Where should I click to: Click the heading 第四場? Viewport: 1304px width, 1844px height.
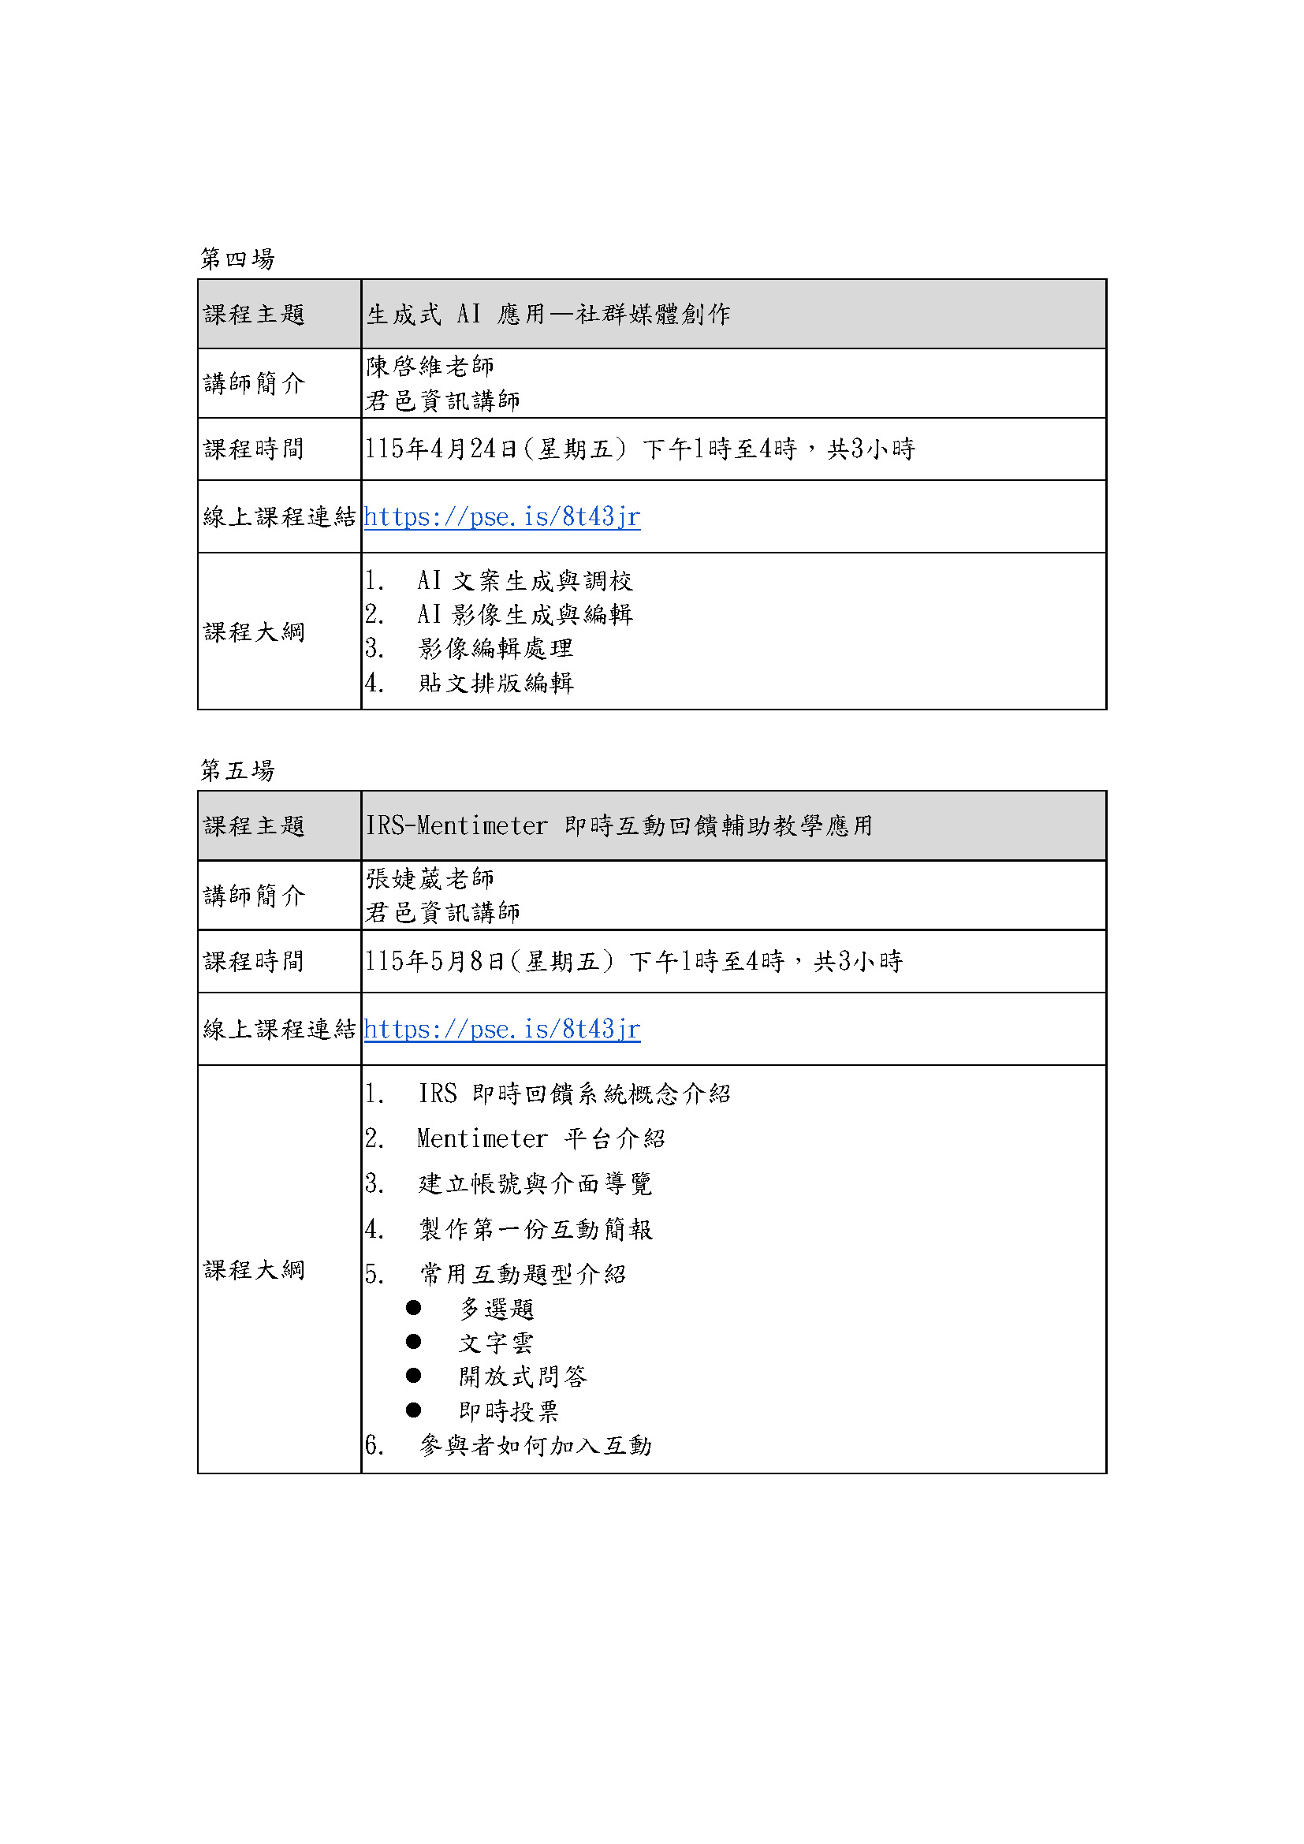(x=237, y=259)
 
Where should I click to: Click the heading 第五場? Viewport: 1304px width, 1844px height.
(x=237, y=770)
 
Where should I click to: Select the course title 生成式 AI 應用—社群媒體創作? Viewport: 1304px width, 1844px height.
(x=549, y=314)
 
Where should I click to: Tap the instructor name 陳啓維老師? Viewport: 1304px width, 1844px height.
(x=430, y=367)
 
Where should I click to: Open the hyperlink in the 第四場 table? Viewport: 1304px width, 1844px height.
(x=502, y=516)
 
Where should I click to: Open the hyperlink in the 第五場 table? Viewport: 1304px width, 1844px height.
(x=502, y=1029)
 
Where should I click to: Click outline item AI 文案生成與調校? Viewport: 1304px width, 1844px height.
(x=524, y=580)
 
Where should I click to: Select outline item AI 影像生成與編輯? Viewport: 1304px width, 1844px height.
(x=524, y=614)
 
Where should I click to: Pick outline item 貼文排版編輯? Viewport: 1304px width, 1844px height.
(x=495, y=683)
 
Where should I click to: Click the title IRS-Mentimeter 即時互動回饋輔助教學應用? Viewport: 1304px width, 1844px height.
(x=619, y=825)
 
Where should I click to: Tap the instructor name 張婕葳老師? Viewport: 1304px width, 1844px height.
(x=430, y=878)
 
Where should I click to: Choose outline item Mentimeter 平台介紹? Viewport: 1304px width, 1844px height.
(x=540, y=1138)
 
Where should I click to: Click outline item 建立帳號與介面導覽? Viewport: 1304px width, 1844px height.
(x=535, y=1183)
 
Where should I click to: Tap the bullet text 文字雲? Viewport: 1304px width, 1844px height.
(x=495, y=1343)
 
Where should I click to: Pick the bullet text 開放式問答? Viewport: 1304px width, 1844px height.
(x=523, y=1376)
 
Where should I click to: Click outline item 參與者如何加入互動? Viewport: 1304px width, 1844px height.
(x=535, y=1446)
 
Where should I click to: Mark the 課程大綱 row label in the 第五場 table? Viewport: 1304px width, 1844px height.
(x=254, y=1270)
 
